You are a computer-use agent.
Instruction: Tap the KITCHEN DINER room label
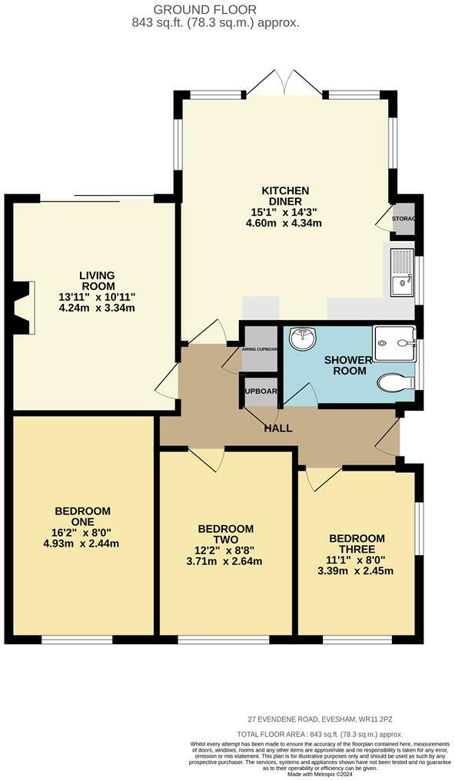click(x=285, y=197)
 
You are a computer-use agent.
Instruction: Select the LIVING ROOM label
click(x=97, y=281)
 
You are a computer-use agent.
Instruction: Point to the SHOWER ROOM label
click(x=347, y=365)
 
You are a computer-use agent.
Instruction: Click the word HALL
click(x=277, y=428)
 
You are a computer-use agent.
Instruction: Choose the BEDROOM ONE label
click(x=82, y=517)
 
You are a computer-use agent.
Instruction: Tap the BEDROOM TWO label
click(x=225, y=534)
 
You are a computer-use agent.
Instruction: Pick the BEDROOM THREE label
click(x=357, y=544)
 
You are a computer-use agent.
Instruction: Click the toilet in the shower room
click(x=396, y=382)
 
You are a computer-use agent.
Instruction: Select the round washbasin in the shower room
click(x=304, y=337)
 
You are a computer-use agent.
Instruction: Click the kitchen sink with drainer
click(x=403, y=273)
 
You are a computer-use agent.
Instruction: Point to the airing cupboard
click(x=260, y=349)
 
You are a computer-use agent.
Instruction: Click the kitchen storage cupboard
click(x=403, y=219)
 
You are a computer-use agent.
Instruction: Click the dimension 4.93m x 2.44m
click(x=82, y=544)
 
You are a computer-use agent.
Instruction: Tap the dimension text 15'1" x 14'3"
click(x=285, y=212)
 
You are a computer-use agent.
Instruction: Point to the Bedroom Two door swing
click(x=206, y=458)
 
